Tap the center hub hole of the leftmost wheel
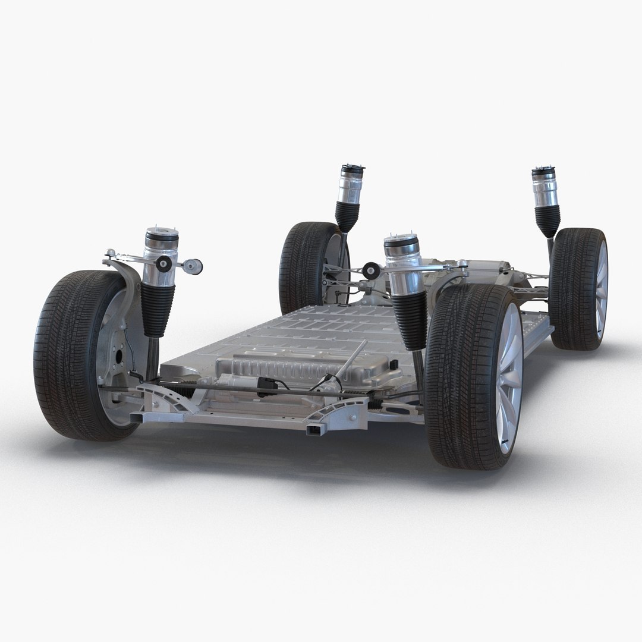pyautogui.click(x=118, y=357)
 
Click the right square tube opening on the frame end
pyautogui.click(x=311, y=427)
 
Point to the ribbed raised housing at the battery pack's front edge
pyautogui.click(x=297, y=369)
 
